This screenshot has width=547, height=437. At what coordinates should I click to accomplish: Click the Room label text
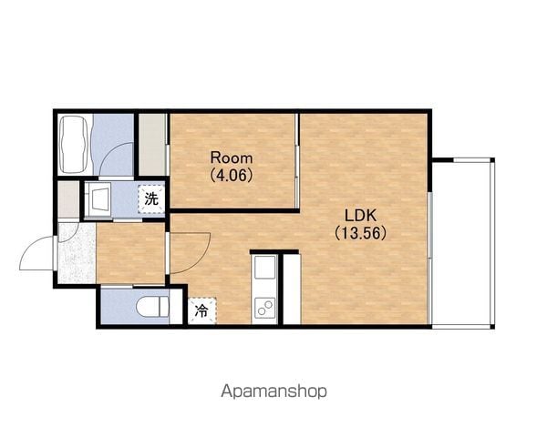tap(232, 158)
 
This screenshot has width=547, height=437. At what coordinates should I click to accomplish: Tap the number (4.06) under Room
tap(232, 175)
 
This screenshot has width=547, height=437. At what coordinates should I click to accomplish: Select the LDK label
tap(361, 216)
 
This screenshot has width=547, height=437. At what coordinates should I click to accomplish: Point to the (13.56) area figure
tap(361, 233)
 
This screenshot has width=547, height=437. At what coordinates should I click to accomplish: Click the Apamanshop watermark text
tap(273, 391)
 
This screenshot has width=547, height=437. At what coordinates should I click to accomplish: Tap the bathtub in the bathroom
tap(73, 144)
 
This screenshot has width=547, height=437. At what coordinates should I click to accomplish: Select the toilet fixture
tap(153, 308)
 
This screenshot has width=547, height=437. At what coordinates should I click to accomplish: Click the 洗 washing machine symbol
tap(151, 199)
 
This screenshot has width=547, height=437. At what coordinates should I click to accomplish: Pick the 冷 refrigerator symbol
tap(202, 310)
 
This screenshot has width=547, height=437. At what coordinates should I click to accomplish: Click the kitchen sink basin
tap(264, 268)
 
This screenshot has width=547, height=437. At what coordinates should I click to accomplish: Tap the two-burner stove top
tap(264, 308)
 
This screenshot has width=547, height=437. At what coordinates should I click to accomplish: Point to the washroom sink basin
tap(98, 200)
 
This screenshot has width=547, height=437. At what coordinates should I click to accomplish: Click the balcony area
tap(460, 244)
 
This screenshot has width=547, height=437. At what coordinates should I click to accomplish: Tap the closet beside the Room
tap(152, 145)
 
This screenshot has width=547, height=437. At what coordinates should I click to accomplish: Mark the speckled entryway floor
tap(77, 253)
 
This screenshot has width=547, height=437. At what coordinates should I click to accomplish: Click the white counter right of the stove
tap(292, 290)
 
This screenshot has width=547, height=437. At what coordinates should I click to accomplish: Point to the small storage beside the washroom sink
tap(68, 199)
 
